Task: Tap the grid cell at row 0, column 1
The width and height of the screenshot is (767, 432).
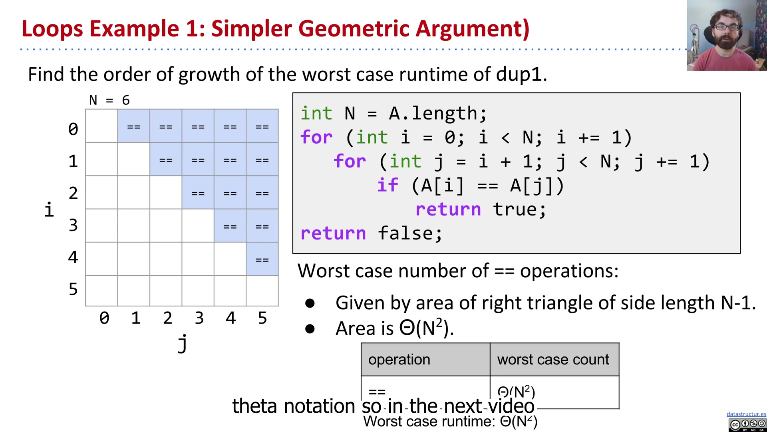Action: [x=134, y=126]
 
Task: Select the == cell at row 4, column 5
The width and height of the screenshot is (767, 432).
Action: [x=262, y=259]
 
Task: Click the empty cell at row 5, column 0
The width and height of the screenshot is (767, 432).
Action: [x=101, y=291]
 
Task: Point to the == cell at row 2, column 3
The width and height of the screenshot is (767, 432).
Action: [x=198, y=193]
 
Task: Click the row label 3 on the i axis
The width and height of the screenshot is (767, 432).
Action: [x=73, y=225]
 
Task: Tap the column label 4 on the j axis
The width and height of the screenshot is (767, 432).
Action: [x=230, y=318]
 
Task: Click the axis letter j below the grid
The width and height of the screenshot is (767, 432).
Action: [x=183, y=343]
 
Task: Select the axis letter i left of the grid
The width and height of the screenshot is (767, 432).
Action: [x=49, y=210]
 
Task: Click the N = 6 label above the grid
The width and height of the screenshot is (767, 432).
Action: [x=109, y=100]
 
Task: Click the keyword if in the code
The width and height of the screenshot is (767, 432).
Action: [x=387, y=185]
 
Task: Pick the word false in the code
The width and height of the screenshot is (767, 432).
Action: [x=410, y=233]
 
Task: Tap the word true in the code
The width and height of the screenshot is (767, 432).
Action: [x=519, y=209]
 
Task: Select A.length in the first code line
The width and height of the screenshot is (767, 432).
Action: [x=437, y=114]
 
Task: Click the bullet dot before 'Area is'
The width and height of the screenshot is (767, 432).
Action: [x=310, y=329]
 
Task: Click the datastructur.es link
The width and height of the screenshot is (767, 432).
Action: [x=746, y=414]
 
